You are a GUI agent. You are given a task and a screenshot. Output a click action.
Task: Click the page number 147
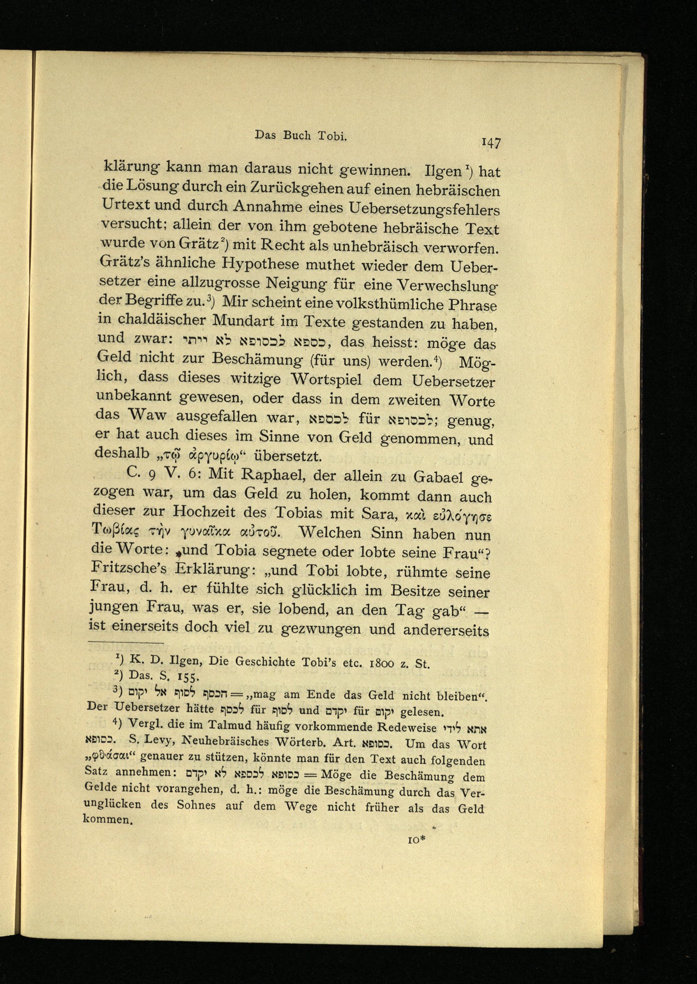491,143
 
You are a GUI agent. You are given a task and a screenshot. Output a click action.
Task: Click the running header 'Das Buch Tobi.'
300,135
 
